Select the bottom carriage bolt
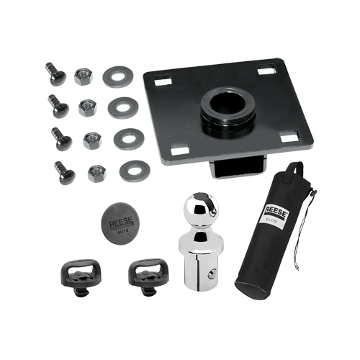tap(64, 172)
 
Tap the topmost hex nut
tap(83, 76)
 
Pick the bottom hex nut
tap(97, 174)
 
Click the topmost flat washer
tap(118, 77)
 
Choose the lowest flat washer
tap(135, 171)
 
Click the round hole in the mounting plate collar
tap(227, 104)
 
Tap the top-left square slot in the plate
tap(163, 81)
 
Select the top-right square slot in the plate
tap(266, 69)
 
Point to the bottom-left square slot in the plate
tap(179, 149)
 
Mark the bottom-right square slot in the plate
tap(289, 137)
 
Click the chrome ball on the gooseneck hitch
tap(201, 209)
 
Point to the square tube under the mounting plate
tap(238, 168)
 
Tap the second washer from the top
tap(123, 108)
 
